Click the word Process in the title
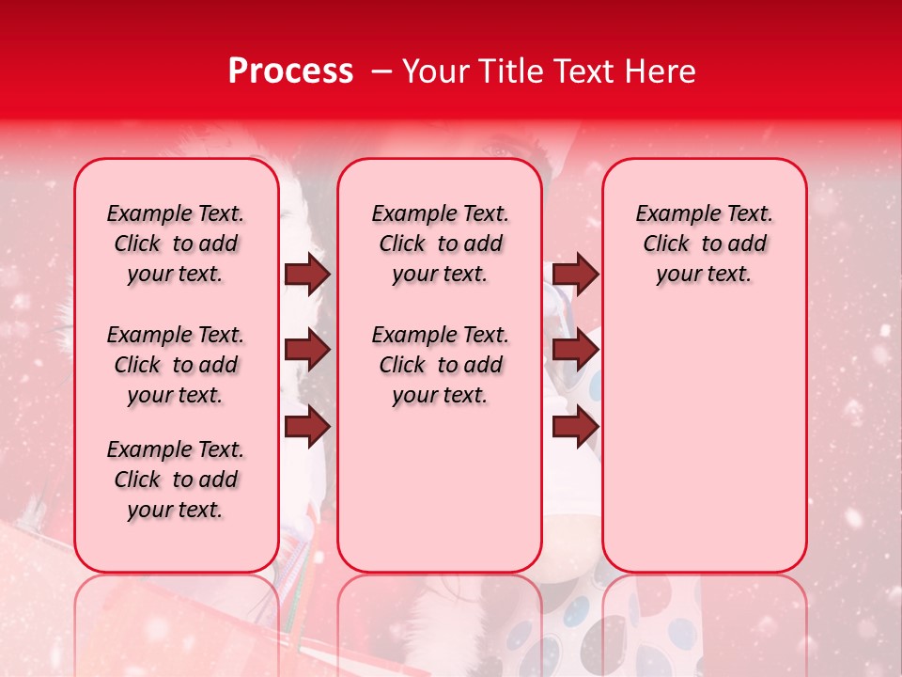tap(289, 71)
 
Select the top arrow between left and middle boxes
tap(307, 274)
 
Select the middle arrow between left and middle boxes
tap(307, 351)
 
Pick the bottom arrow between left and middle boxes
tap(307, 427)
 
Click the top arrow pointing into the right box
tap(575, 274)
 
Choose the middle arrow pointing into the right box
tap(575, 351)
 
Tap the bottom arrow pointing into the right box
tap(575, 427)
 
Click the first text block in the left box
tap(176, 244)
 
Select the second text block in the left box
tap(176, 365)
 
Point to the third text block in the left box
tap(176, 480)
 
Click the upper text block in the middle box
tap(440, 244)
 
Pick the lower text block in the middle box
tap(440, 365)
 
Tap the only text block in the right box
tap(704, 244)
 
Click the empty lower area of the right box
tap(704, 442)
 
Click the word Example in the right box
tap(673, 213)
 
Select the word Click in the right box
tap(666, 244)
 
